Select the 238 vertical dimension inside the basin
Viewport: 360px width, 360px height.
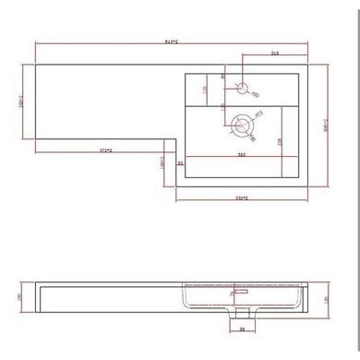point(277,137)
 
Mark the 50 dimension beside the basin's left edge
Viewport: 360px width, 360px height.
point(181,163)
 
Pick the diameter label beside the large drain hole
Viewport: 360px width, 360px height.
point(260,113)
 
